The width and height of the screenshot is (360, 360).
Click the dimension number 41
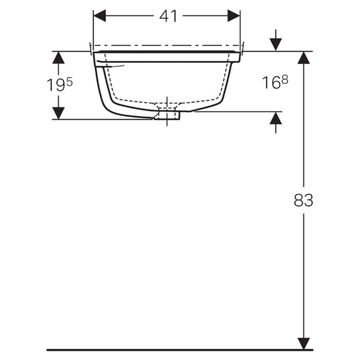coord(168,16)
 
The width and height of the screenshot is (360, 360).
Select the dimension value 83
coord(303,200)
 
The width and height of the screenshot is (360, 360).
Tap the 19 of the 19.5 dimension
coord(56,85)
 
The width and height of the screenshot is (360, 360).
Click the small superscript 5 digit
coord(69,81)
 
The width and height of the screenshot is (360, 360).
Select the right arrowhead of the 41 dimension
coord(234,16)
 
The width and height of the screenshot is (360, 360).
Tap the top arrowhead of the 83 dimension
coord(304,58)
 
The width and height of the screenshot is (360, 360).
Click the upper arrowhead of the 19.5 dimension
coord(59,57)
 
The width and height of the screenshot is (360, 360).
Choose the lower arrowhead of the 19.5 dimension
coord(59,113)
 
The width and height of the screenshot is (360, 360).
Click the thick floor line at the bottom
coord(180,350)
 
